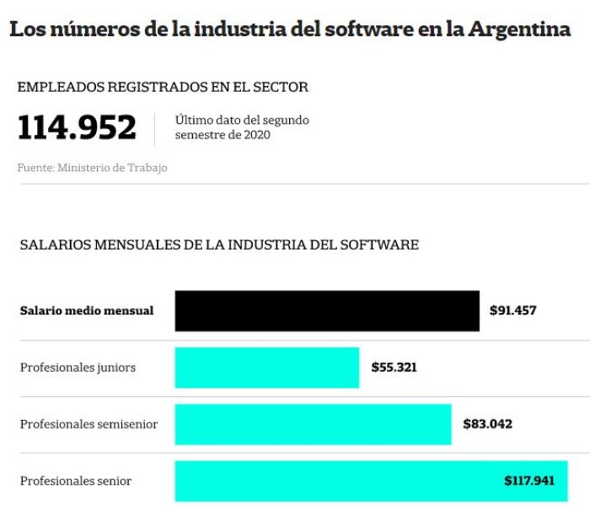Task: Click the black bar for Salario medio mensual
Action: (327, 311)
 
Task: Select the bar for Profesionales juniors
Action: (267, 368)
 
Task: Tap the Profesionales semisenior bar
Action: (313, 424)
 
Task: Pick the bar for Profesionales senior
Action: (371, 481)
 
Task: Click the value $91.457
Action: (512, 310)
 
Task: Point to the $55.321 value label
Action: (394, 367)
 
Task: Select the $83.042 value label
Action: (488, 424)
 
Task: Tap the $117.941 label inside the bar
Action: (529, 481)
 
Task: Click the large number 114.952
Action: (77, 127)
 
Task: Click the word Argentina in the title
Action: (520, 30)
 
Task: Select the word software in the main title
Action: (369, 29)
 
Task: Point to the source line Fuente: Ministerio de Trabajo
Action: (92, 168)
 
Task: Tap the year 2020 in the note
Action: (257, 135)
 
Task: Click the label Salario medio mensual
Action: (87, 310)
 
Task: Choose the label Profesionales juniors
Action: (78, 368)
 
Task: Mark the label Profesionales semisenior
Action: (88, 424)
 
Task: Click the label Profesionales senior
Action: (76, 481)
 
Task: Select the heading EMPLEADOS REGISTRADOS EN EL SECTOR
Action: (163, 87)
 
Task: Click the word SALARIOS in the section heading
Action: (56, 245)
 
